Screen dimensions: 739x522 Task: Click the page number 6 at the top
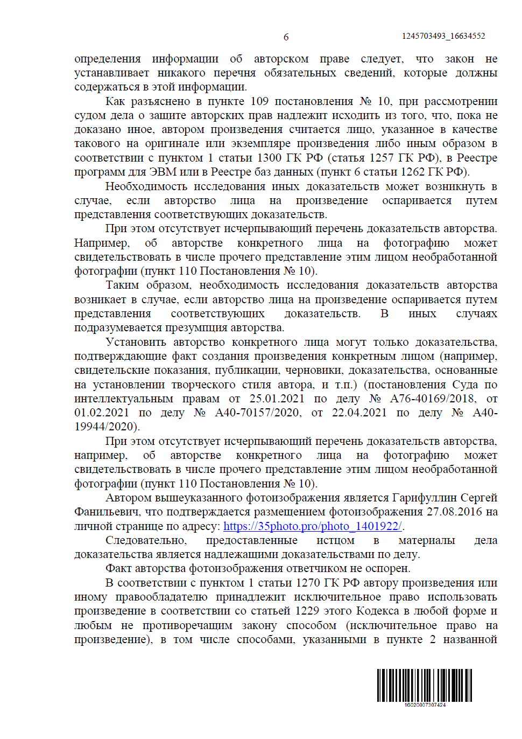[286, 37]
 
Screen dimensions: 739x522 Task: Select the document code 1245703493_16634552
[443, 36]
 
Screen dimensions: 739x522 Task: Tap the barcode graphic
[424, 685]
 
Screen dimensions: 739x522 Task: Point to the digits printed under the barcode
[425, 705]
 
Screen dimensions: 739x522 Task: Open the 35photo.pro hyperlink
[313, 526]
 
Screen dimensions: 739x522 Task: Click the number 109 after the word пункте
[259, 101]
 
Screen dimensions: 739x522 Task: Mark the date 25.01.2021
[277, 399]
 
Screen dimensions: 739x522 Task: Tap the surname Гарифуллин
[426, 498]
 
